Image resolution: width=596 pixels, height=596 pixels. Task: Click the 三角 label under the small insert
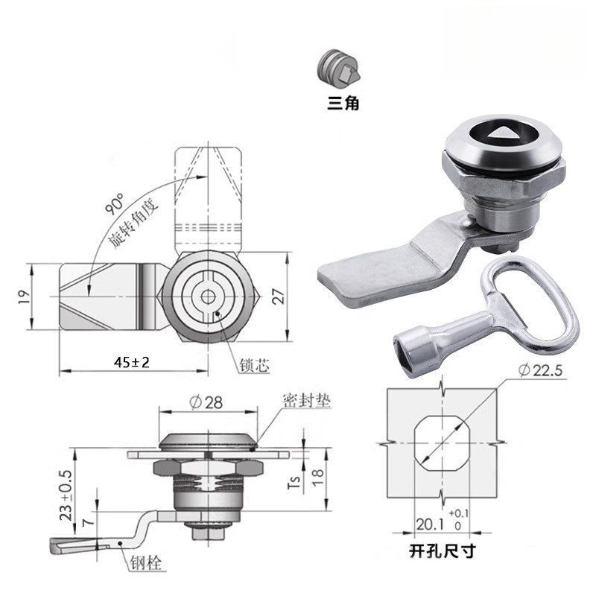[343, 103]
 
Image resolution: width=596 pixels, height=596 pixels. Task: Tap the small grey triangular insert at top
[339, 69]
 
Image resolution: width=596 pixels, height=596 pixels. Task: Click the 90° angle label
[115, 204]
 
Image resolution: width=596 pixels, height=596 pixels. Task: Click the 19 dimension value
[24, 297]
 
